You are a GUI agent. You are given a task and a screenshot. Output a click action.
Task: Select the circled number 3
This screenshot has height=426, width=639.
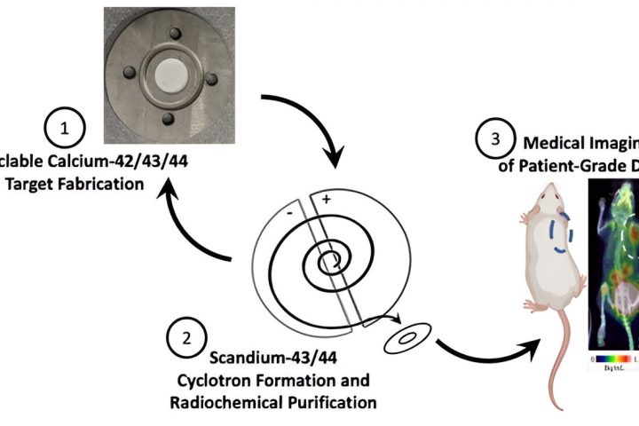pos(495,140)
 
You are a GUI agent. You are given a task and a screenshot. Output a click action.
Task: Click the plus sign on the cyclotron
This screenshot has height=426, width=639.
pos(327,175)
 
